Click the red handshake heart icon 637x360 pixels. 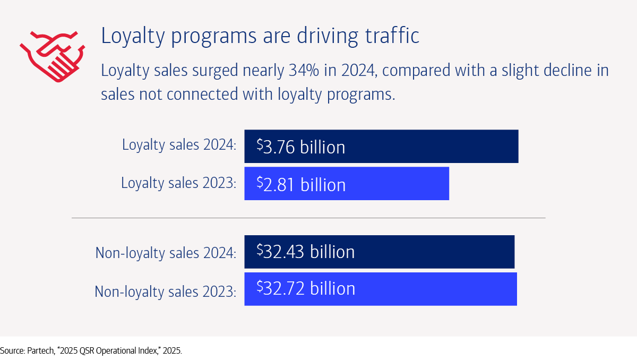click(51, 55)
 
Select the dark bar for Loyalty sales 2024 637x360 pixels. click(381, 146)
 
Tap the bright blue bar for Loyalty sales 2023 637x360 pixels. click(347, 184)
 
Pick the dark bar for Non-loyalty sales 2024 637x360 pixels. click(379, 252)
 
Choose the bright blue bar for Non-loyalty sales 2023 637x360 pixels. click(380, 289)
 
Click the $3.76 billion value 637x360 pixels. click(301, 147)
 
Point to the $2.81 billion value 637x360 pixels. click(301, 184)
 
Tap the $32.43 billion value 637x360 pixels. click(306, 251)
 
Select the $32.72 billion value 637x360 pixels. click(306, 288)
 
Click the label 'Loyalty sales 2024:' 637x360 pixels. click(179, 145)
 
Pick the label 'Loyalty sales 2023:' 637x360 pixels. click(178, 183)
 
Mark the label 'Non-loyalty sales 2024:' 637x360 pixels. click(166, 253)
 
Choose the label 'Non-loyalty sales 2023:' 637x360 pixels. click(165, 291)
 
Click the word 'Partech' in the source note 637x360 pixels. click(40, 351)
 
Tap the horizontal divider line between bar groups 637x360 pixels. click(308, 218)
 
